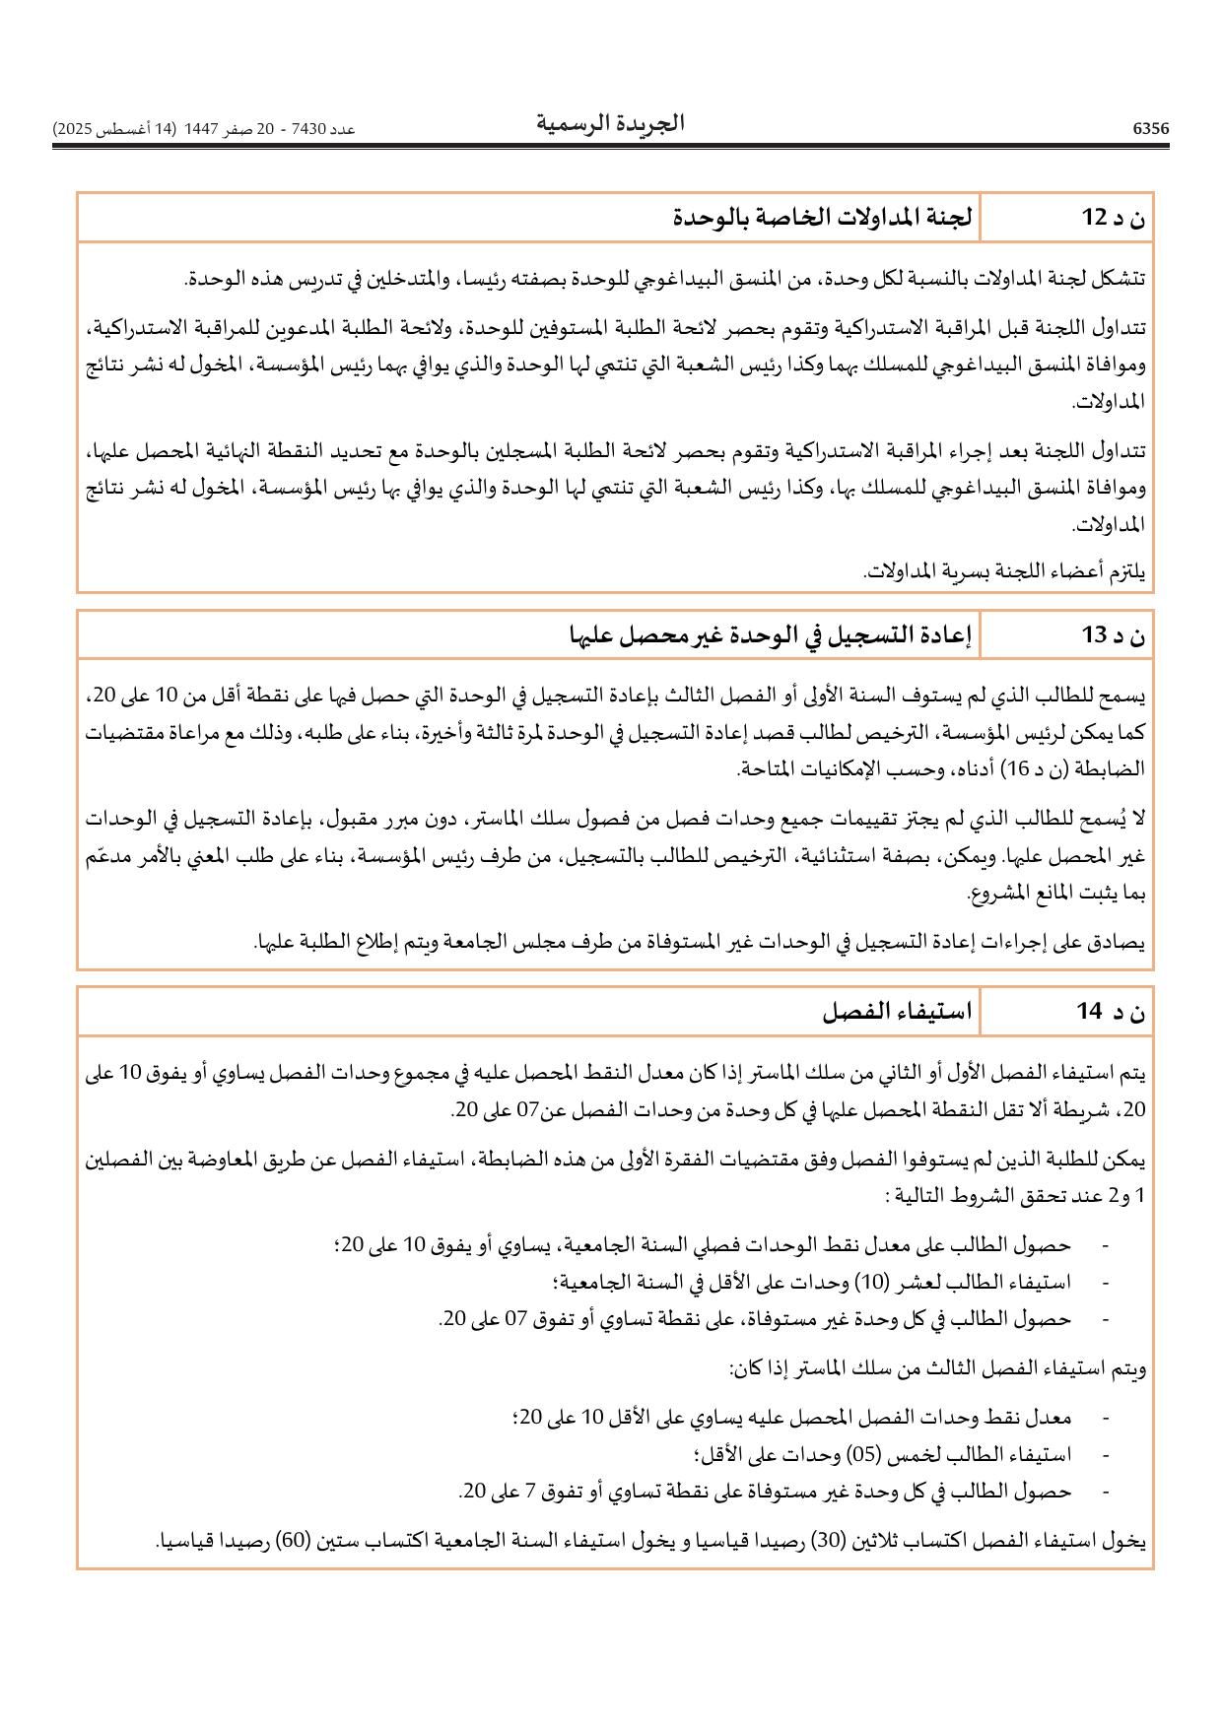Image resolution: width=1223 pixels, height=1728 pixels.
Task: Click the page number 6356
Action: pyautogui.click(x=1150, y=129)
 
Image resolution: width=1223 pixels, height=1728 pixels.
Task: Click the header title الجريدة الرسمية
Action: pyautogui.click(x=610, y=123)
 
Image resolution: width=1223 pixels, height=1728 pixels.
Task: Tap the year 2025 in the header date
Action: pyautogui.click(x=73, y=129)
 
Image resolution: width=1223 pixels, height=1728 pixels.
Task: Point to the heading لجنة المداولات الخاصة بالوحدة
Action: pyautogui.click(x=823, y=218)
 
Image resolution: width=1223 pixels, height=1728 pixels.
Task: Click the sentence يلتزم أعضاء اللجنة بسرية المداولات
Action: pyautogui.click(x=1004, y=571)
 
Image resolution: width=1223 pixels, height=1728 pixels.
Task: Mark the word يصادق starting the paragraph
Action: pyautogui.click(x=1121, y=943)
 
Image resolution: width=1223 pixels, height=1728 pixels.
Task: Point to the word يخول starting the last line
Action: pyautogui.click(x=1127, y=1541)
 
